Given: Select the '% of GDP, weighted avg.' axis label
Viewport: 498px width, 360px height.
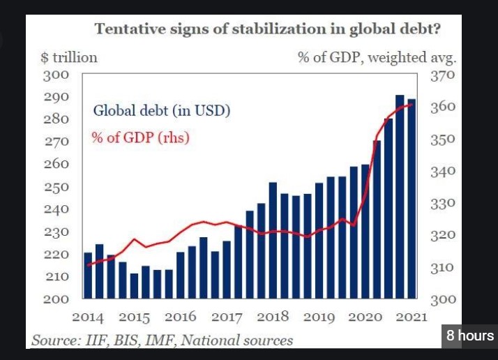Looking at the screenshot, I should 377,57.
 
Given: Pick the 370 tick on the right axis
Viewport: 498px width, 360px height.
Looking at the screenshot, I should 444,75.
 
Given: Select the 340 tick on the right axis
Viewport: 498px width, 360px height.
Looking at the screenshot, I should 444,171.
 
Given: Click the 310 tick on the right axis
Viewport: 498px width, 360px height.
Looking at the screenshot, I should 444,267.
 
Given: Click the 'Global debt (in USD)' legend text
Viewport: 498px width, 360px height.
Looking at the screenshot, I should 161,110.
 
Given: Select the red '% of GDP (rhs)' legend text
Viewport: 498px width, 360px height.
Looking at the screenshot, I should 140,137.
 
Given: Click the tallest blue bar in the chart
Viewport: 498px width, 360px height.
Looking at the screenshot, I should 400,195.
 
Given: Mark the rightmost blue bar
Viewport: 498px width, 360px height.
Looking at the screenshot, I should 412,198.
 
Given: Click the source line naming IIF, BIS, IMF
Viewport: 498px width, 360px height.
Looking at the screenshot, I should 162,340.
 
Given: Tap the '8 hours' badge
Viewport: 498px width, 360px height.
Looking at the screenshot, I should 470,336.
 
